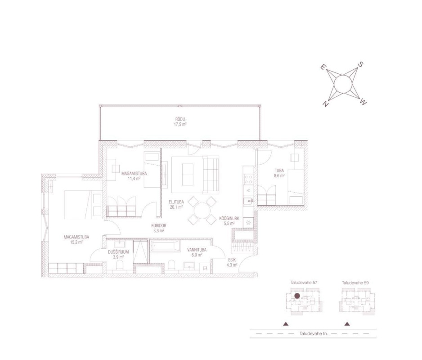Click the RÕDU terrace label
point(180,119)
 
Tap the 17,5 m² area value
point(180,124)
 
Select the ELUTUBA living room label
point(176,202)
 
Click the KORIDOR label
point(158,225)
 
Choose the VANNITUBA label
point(197,250)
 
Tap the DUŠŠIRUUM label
point(118,252)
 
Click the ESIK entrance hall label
point(232,260)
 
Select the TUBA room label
point(279,171)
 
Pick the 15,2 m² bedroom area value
point(76,242)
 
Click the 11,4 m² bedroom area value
point(134,178)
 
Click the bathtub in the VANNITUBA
point(165,246)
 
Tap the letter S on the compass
point(360,64)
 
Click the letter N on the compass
point(326,103)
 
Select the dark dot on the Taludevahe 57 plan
point(297,296)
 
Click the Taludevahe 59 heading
point(355,283)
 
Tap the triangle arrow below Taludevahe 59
point(347,324)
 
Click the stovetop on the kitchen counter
point(248,179)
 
